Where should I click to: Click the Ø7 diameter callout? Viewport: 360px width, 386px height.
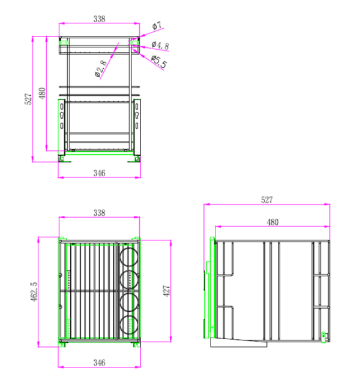pos(157,25)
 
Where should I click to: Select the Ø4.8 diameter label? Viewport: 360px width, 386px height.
pos(160,46)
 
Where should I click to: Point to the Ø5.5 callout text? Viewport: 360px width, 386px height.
pos(159,62)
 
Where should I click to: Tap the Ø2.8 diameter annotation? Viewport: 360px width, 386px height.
pos(101,68)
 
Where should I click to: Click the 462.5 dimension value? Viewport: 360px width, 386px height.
pos(34,292)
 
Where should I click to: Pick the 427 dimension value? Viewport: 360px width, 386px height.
pos(167,291)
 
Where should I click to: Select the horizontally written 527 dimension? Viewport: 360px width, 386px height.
pos(267,200)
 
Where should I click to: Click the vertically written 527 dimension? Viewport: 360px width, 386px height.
pos(28,99)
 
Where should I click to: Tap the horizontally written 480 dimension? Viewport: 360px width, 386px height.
pos(272,222)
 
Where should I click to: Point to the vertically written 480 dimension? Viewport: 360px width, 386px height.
pos(42,94)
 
